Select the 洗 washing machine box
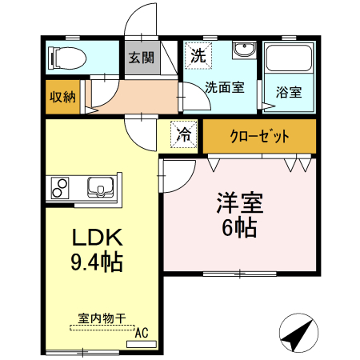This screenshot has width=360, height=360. coord(197,56)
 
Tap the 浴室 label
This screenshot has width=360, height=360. coord(289,91)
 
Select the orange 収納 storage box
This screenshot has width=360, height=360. coord(62,97)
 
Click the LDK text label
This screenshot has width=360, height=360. coord(97,238)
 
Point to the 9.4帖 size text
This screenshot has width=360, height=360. coord(97,262)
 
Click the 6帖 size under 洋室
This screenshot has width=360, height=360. coord(238,228)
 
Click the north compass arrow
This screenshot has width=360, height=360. coord(299,333)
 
